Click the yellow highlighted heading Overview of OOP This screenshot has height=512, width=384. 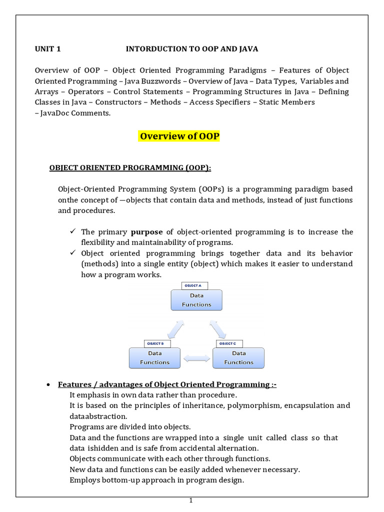pos(179,136)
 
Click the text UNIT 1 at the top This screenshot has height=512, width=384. pos(47,48)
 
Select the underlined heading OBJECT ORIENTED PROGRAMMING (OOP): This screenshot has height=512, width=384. pos(130,167)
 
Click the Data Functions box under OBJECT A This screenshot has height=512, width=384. pos(196,300)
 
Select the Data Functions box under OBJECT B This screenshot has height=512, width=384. pos(154,358)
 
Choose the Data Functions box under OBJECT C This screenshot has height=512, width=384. pos(238,358)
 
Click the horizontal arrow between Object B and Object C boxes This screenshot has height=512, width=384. pos(196,358)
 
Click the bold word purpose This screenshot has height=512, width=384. pos(146,232)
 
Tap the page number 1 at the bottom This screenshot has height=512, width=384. pos(191,500)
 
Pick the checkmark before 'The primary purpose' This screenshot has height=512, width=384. pos(72,232)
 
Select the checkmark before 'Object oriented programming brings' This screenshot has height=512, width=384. pos(72,253)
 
